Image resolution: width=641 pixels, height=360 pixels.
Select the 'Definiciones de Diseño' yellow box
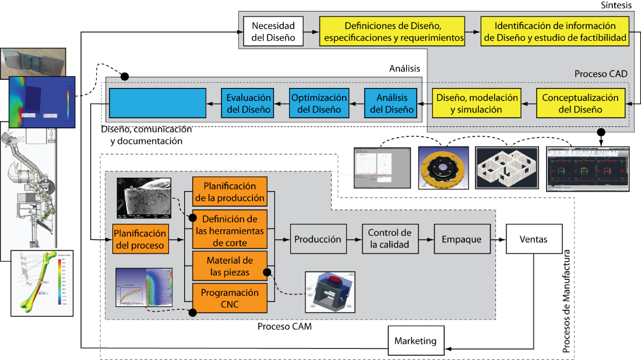392,32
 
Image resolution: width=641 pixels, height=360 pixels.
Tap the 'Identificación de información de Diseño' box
555,32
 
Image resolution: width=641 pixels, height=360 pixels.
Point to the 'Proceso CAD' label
601,74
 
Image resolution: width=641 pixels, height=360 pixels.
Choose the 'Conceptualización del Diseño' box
580,103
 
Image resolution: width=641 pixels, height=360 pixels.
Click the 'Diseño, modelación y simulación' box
476,103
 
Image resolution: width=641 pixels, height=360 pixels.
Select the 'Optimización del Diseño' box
319,103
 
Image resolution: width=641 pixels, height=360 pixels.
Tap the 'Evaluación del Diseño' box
248,103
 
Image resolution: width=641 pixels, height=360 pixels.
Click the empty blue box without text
158,103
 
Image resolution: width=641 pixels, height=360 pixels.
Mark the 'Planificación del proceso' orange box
140,239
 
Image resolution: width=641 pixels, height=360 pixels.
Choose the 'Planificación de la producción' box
230,192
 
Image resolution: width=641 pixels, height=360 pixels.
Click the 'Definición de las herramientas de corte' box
230,230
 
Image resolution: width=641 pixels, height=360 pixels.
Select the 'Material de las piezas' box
230,266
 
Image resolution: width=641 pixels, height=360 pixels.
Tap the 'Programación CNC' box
230,298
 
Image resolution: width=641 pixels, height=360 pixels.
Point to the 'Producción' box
318,239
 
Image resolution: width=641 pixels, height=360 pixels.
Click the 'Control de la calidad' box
389,239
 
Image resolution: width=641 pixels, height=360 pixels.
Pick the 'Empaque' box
462,239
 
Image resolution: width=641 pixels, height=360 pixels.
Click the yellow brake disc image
444,167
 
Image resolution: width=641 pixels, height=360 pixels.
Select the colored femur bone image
42,283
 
